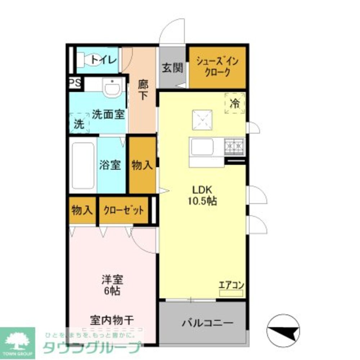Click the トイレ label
(103, 59)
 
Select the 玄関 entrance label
(172, 67)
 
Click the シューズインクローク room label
(217, 67)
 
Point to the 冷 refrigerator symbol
(235, 103)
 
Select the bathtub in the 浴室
(83, 166)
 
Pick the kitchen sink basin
(202, 147)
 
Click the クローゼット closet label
(123, 210)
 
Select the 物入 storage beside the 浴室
(142, 165)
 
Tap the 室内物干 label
(112, 320)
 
